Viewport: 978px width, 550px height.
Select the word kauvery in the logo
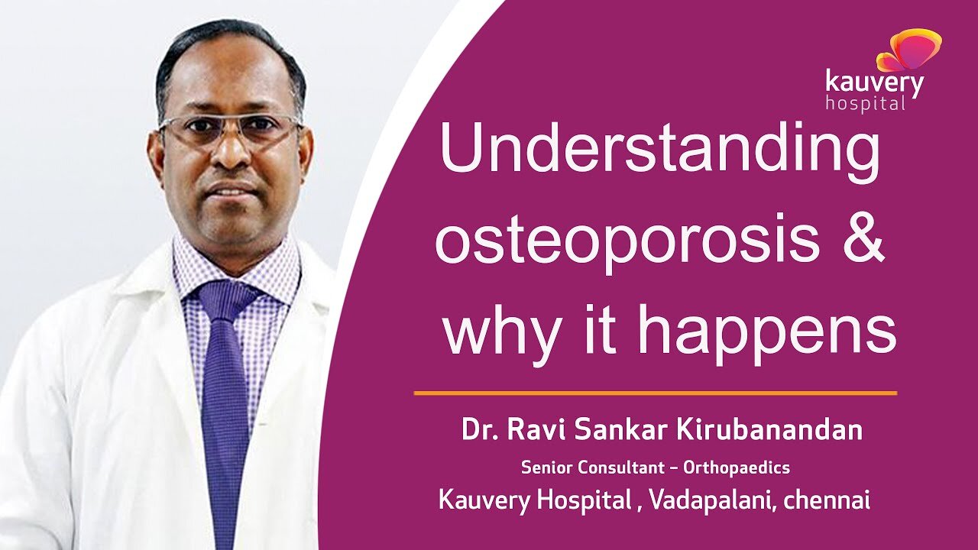coord(874,82)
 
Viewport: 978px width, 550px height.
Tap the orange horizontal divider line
coord(655,393)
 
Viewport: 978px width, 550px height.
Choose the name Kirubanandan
coord(769,430)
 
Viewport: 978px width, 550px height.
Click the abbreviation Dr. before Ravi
coord(479,430)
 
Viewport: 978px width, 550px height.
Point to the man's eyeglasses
coord(230,128)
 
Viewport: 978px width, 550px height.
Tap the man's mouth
coord(231,188)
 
